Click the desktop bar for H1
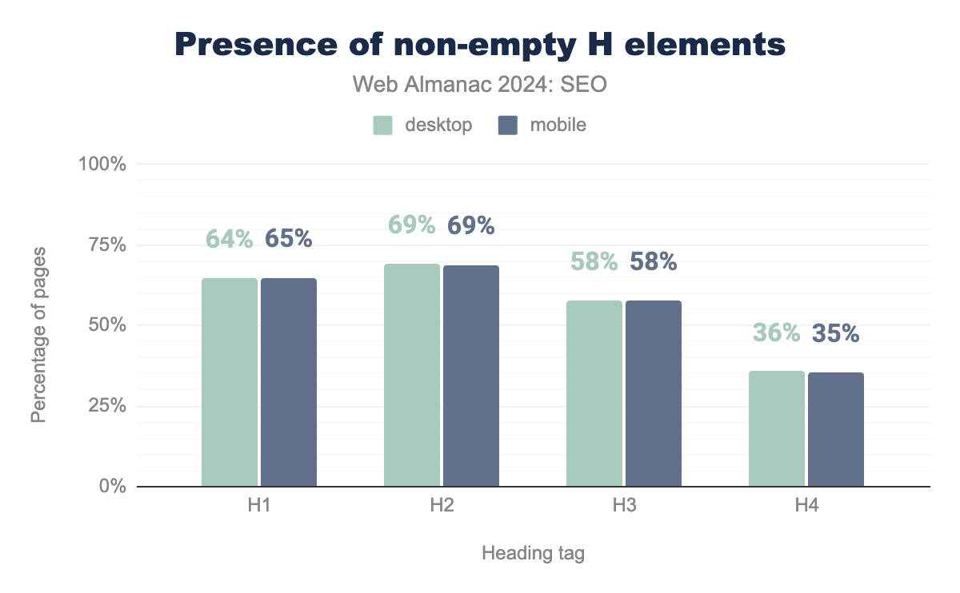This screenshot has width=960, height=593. point(230,382)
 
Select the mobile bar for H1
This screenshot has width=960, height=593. point(289,382)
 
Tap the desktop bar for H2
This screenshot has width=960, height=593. point(412,375)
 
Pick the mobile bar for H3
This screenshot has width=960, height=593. point(654,393)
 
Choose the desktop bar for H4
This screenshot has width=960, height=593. point(777,428)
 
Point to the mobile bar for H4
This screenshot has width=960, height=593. point(836,429)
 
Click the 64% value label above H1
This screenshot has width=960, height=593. point(230,238)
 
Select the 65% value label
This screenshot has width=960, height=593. point(289,238)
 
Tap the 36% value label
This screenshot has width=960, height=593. point(777,332)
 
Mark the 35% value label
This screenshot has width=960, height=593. point(836,332)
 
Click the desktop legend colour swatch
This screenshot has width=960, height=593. point(382,125)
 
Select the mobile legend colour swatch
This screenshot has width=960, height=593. point(508,125)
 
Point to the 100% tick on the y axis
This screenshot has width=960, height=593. point(102,164)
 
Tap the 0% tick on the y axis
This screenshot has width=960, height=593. point(113,487)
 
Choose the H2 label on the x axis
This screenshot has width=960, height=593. point(442,506)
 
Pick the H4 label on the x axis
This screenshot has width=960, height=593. point(806,506)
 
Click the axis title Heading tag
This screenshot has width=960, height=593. point(533,553)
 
